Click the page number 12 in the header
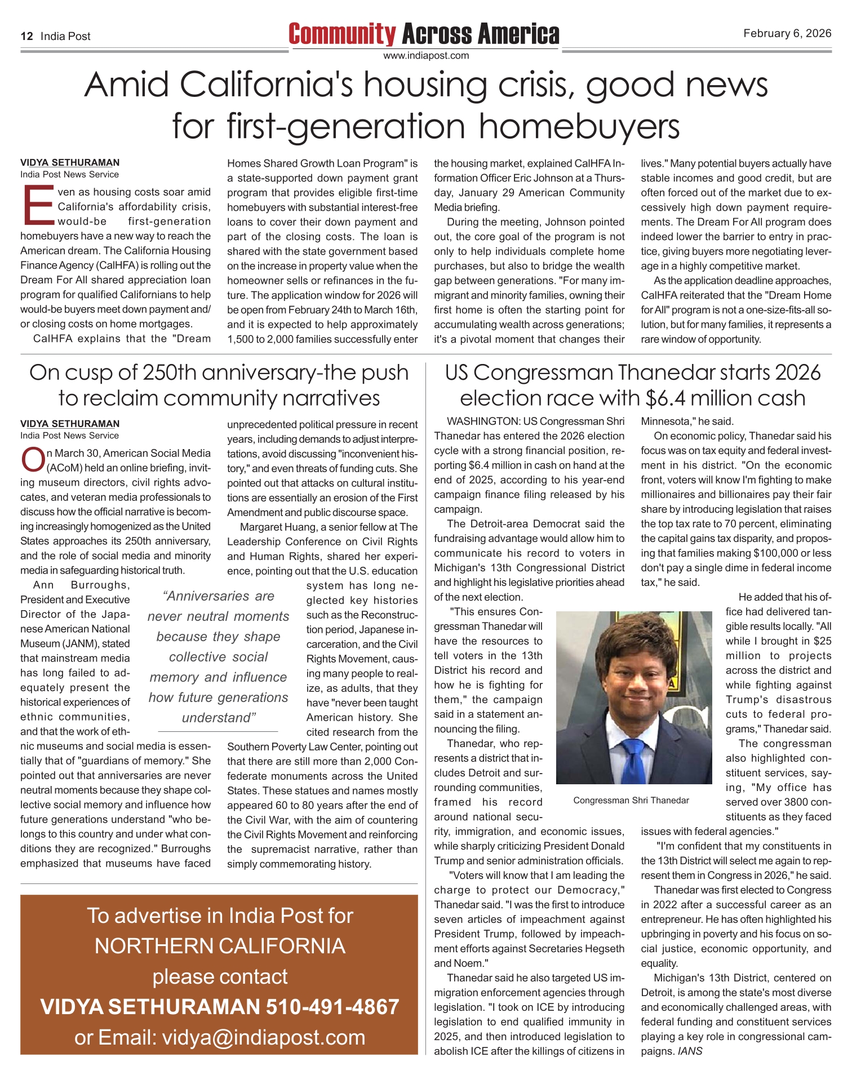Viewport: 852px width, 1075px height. click(x=26, y=37)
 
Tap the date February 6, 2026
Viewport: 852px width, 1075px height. click(x=787, y=33)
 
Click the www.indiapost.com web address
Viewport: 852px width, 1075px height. click(x=425, y=55)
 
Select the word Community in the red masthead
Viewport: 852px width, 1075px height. click(x=342, y=34)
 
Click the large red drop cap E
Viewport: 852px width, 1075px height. click(x=37, y=205)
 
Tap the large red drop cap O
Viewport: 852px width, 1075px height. click(x=33, y=459)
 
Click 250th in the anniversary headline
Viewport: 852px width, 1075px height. click(x=180, y=373)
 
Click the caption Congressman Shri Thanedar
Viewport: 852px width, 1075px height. click(x=631, y=800)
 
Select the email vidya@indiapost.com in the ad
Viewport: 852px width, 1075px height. click(x=264, y=1037)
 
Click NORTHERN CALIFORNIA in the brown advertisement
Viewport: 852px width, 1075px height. click(x=220, y=946)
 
